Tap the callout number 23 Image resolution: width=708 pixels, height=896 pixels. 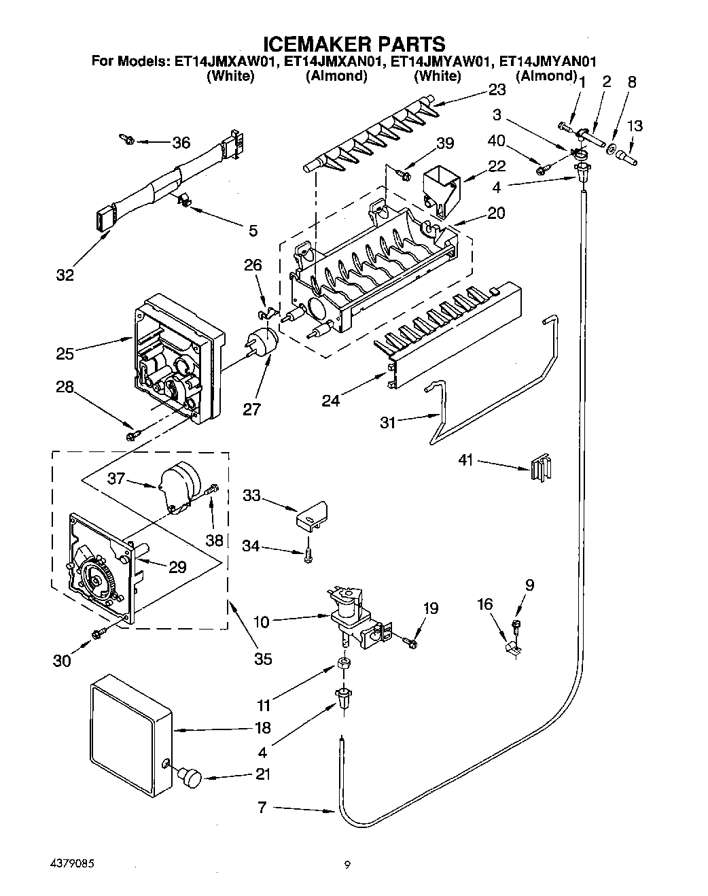coord(497,90)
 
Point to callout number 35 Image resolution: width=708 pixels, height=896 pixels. coord(263,658)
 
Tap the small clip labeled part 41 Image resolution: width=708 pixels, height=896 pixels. coord(542,467)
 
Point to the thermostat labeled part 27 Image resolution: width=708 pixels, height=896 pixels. coord(264,342)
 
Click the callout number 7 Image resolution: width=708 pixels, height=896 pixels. coord(262,809)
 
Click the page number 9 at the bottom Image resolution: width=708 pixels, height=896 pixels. coord(347,865)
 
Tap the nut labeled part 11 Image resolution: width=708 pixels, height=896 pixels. coord(344,664)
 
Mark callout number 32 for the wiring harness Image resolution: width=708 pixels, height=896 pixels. coord(65,275)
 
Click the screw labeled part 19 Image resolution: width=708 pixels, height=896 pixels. coord(409,640)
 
